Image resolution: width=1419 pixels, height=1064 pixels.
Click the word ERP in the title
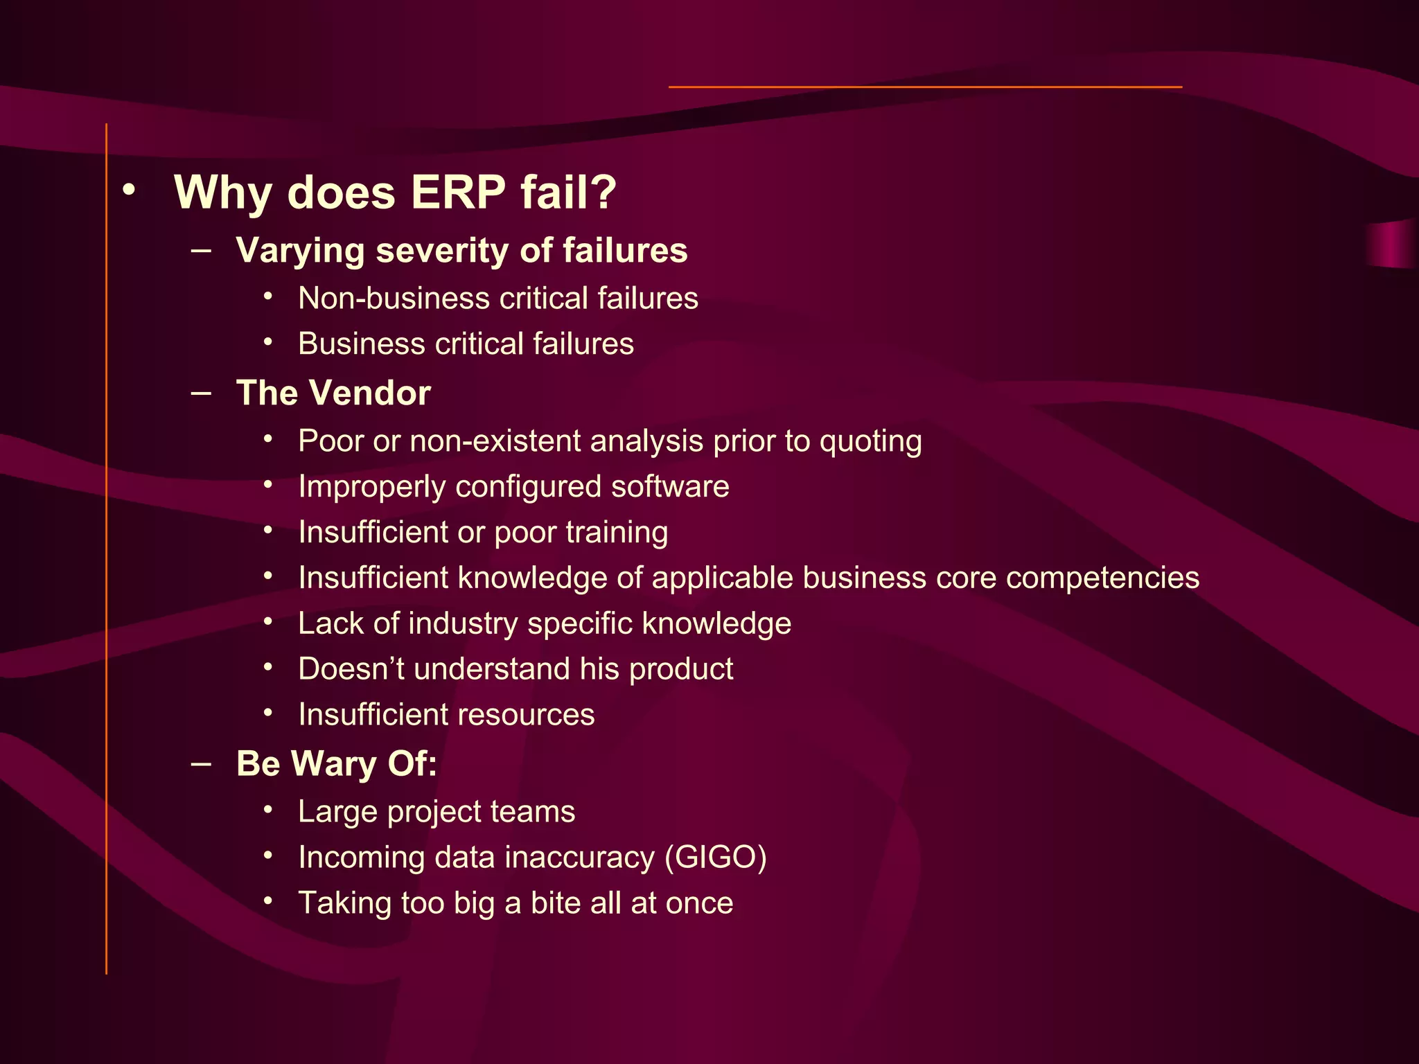[458, 193]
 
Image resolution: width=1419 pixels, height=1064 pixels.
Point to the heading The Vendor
[333, 393]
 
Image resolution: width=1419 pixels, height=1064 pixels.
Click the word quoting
[870, 442]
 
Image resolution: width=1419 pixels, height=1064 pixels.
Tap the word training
[617, 533]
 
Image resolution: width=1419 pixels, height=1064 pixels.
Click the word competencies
[1102, 578]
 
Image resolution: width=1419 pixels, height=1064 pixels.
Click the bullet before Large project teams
[268, 810]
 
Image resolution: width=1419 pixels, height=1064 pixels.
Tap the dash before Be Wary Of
[201, 763]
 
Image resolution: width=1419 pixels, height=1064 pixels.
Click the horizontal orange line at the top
[925, 87]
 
